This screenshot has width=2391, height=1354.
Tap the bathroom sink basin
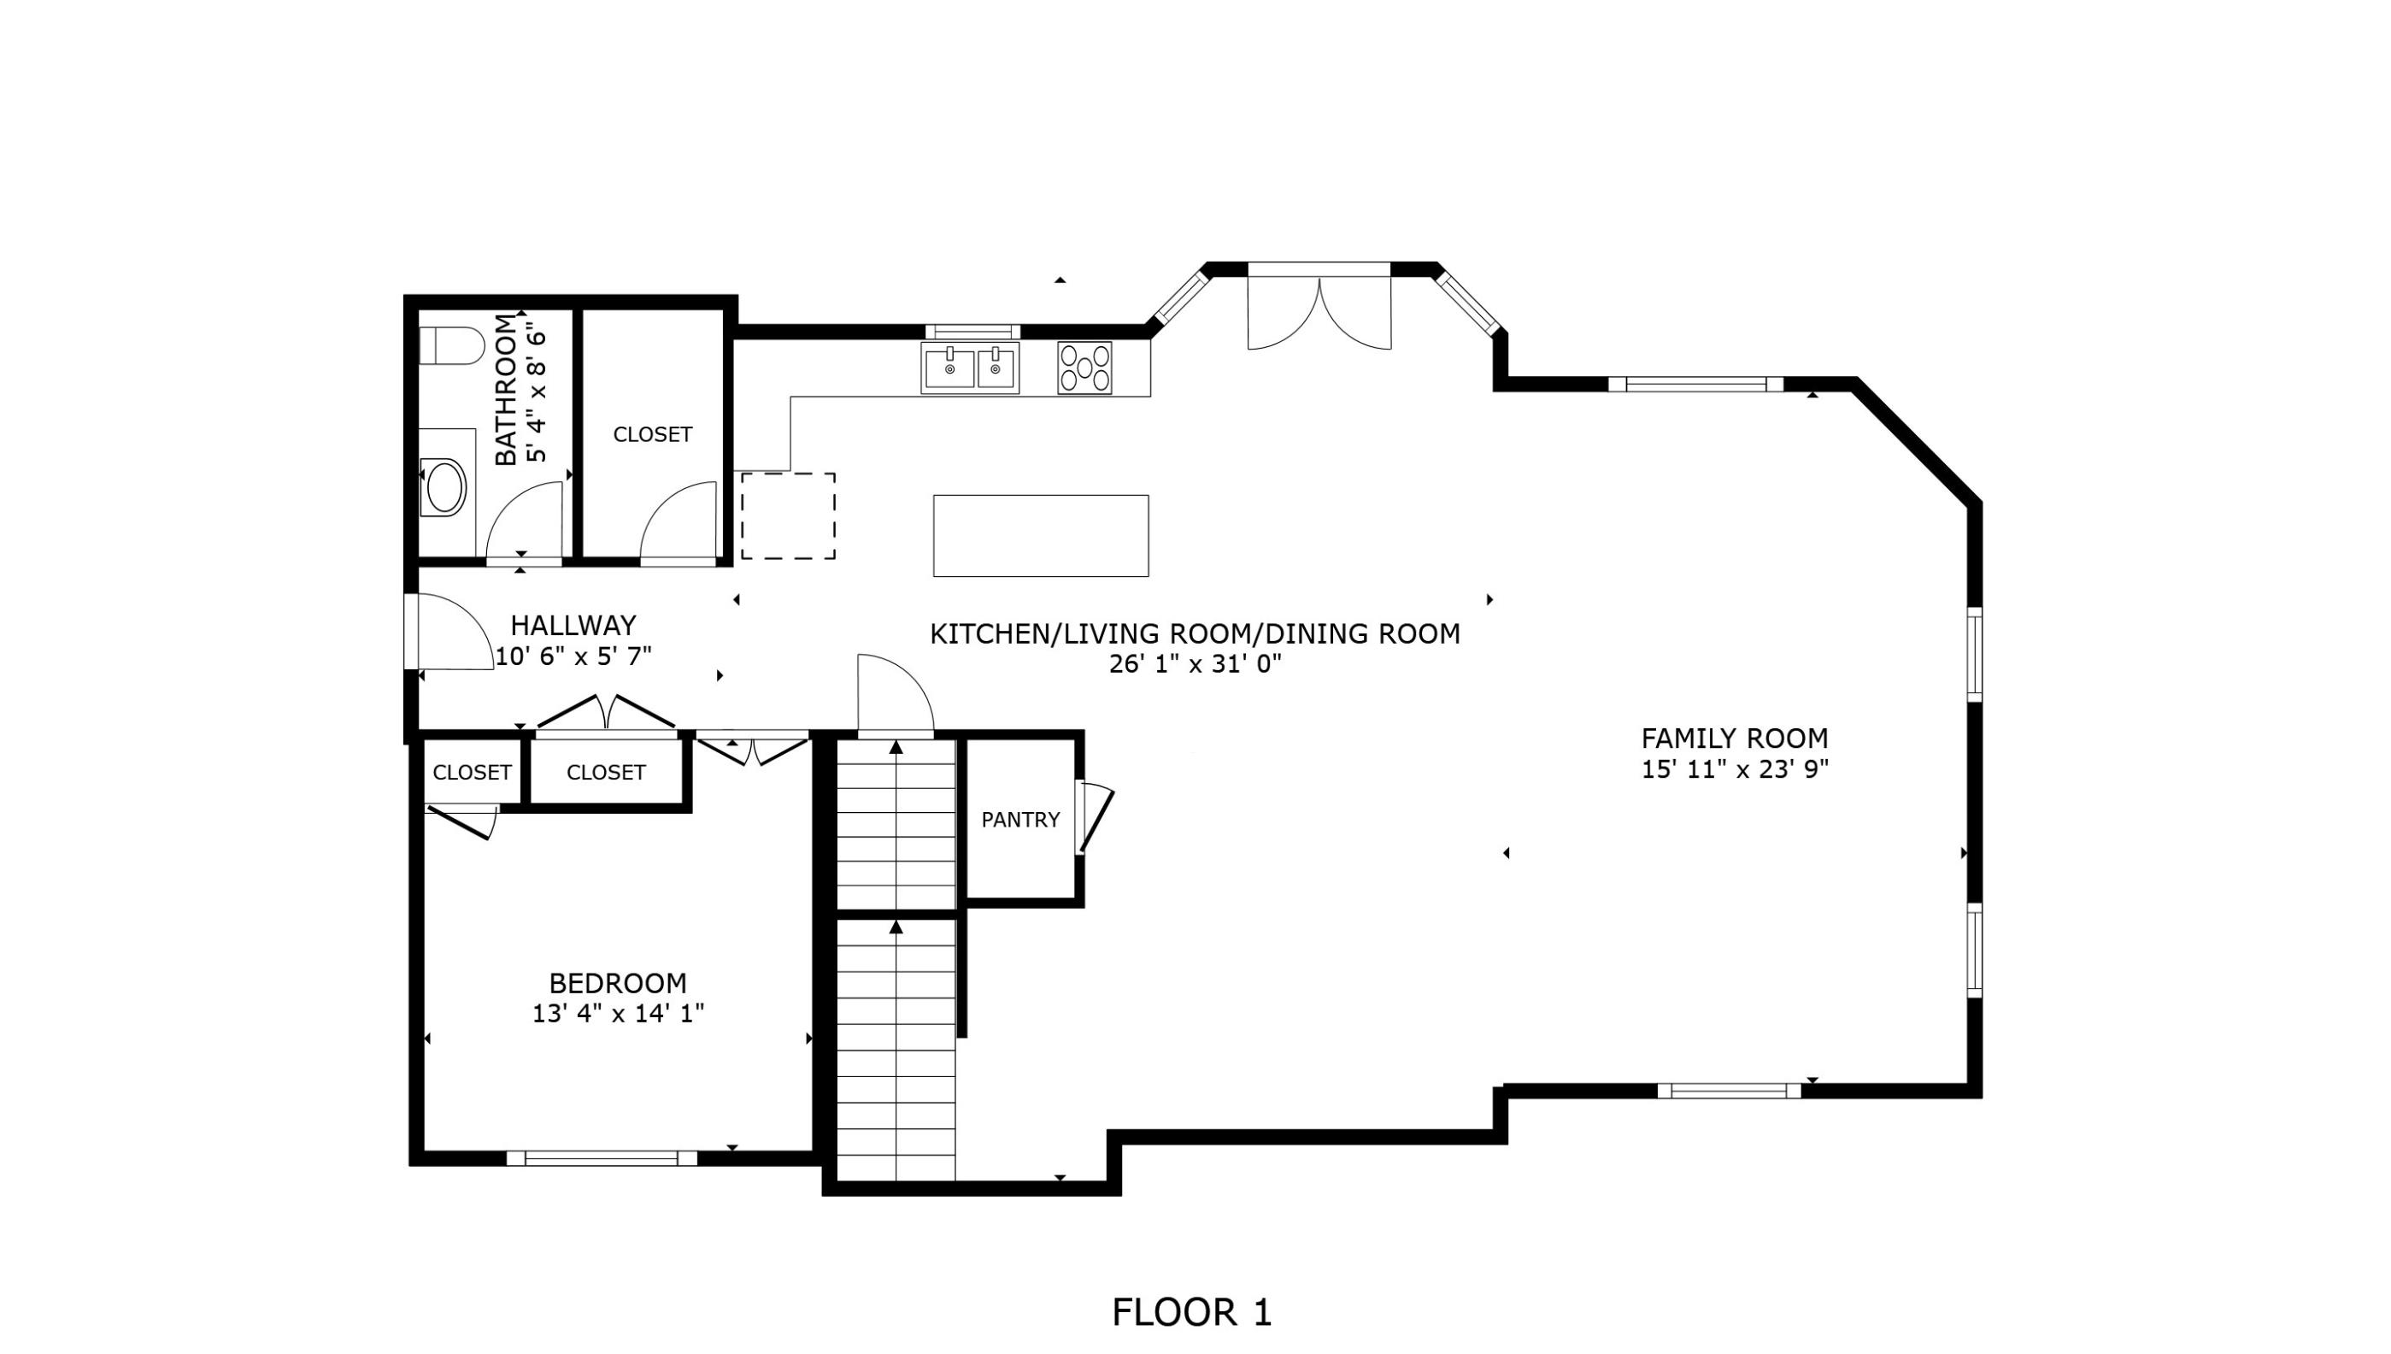[x=444, y=486]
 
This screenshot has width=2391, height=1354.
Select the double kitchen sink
[x=970, y=368]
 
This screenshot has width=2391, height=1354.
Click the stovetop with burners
[x=1084, y=368]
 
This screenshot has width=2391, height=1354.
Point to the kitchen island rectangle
[x=1040, y=536]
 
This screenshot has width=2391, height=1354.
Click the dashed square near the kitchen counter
[x=787, y=516]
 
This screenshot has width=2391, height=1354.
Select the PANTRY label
[x=1019, y=819]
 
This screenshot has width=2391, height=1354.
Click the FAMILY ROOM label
[x=1734, y=739]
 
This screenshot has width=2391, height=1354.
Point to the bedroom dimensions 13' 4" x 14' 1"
[x=617, y=1013]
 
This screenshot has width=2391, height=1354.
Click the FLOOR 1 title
[x=1191, y=1312]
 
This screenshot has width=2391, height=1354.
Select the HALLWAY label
[x=573, y=625]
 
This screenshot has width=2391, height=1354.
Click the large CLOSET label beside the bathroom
[x=652, y=434]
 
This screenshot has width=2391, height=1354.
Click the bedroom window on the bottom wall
[x=602, y=1157]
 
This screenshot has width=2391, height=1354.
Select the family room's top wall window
[x=1695, y=384]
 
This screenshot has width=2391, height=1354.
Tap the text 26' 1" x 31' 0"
[x=1195, y=664]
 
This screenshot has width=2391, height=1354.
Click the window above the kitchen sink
[x=972, y=332]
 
